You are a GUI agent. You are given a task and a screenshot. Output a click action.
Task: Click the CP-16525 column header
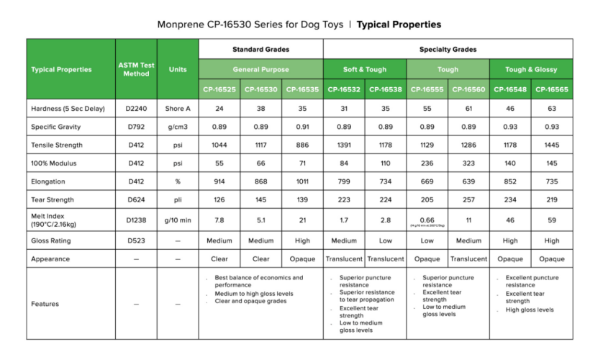click(x=219, y=89)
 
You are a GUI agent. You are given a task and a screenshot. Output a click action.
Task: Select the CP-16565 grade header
click(x=552, y=89)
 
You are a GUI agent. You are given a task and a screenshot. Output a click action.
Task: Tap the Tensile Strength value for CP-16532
click(x=344, y=145)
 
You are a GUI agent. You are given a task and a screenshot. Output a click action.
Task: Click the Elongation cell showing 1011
click(x=302, y=181)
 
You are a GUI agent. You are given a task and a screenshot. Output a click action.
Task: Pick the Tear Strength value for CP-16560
click(x=468, y=199)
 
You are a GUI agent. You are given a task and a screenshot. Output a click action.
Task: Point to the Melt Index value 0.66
click(x=427, y=219)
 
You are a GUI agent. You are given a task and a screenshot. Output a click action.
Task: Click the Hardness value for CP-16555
click(x=427, y=109)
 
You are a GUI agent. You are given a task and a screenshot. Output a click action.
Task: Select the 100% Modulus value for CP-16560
click(x=468, y=163)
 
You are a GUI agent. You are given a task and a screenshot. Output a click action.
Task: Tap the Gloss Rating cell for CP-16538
click(x=386, y=240)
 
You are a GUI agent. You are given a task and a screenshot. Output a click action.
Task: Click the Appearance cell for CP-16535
click(x=302, y=258)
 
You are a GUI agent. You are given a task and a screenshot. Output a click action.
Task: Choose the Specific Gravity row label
click(x=57, y=127)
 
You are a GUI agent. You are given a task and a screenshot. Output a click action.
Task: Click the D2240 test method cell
click(x=136, y=109)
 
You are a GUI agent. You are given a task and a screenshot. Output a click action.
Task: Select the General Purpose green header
click(x=260, y=70)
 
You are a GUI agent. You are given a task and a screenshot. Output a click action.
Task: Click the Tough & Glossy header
click(x=531, y=70)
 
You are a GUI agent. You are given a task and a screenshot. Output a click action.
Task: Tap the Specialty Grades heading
click(x=448, y=50)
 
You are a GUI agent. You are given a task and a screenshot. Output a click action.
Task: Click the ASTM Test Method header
click(x=136, y=69)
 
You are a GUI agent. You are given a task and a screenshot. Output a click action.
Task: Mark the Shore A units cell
click(x=177, y=109)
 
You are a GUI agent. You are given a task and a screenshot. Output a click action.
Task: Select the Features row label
click(x=45, y=304)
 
